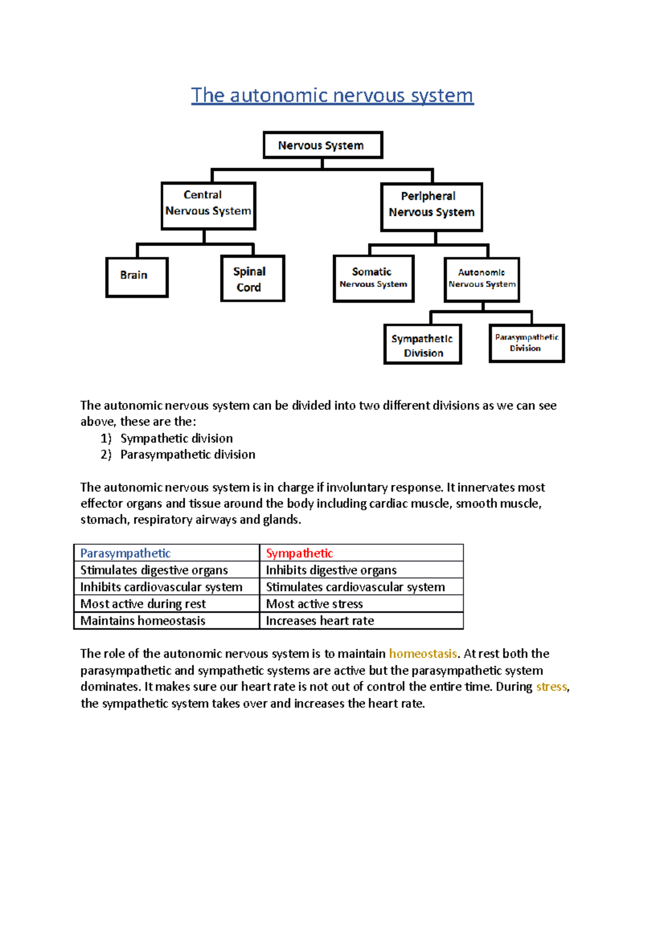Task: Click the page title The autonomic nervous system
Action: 332,95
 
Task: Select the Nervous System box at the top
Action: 323,145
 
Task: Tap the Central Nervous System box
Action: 208,205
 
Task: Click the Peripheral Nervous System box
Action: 431,207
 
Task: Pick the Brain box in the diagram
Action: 137,277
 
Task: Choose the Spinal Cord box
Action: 252,278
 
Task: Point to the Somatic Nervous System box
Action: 373,278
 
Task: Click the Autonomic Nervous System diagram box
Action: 481,279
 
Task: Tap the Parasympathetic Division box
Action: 526,343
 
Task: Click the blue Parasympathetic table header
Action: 125,553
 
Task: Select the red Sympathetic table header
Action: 299,553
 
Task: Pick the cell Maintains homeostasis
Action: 143,620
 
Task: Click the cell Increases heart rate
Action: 320,620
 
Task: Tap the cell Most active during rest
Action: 143,603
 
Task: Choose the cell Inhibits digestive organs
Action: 331,570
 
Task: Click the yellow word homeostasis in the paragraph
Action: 423,654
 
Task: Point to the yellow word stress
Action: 551,686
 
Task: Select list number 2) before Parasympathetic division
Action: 106,455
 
